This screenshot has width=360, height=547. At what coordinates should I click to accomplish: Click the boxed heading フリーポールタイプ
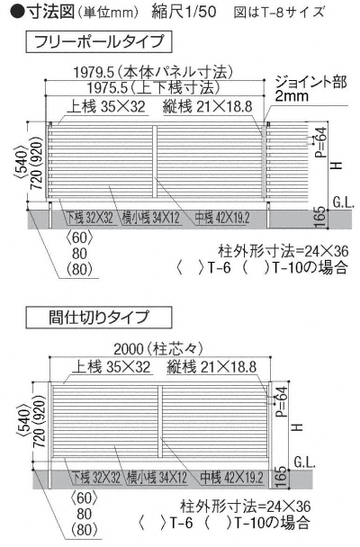[x=99, y=42]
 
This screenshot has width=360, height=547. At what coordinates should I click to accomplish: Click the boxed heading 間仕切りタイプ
[x=99, y=318]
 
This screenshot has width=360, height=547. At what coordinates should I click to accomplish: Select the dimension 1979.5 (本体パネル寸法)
[x=153, y=72]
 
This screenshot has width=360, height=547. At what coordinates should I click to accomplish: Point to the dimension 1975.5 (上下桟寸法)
[x=153, y=87]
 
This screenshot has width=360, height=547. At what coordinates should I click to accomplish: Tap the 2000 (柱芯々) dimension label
[x=158, y=349]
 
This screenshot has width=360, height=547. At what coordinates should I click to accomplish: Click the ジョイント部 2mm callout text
[x=310, y=88]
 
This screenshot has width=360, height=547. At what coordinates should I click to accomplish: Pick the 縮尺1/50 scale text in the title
[x=184, y=12]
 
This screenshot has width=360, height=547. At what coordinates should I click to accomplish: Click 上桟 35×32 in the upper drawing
[x=105, y=106]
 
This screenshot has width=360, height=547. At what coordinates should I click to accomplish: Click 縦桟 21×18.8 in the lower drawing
[x=211, y=367]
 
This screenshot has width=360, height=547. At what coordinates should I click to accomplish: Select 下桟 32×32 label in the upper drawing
[x=90, y=218]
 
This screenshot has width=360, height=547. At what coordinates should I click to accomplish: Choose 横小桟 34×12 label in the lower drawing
[x=157, y=478]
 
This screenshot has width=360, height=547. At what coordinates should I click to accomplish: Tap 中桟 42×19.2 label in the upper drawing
[x=222, y=218]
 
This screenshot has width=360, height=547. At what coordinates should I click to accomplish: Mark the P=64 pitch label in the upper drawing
[x=320, y=142]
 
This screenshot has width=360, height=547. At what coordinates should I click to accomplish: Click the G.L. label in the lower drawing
[x=305, y=462]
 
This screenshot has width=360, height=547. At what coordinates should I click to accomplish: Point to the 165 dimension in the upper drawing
[x=321, y=218]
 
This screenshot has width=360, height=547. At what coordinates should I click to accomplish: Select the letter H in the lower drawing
[x=297, y=426]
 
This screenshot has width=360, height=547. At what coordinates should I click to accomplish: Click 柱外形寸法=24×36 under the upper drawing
[x=283, y=251]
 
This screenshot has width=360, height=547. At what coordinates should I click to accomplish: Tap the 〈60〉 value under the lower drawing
[x=84, y=498]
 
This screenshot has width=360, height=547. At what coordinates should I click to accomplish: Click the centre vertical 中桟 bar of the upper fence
[x=155, y=163]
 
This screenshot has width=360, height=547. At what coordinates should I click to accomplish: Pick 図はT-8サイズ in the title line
[x=279, y=12]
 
